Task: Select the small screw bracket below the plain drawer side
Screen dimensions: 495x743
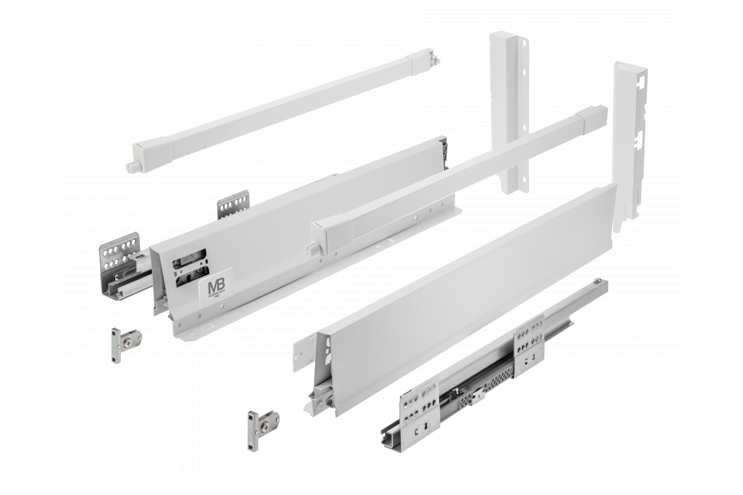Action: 261,423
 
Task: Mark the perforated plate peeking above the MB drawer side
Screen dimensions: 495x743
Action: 233,204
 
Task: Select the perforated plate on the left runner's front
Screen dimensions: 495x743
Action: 119,253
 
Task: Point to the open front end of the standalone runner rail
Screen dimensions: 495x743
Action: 387,434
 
